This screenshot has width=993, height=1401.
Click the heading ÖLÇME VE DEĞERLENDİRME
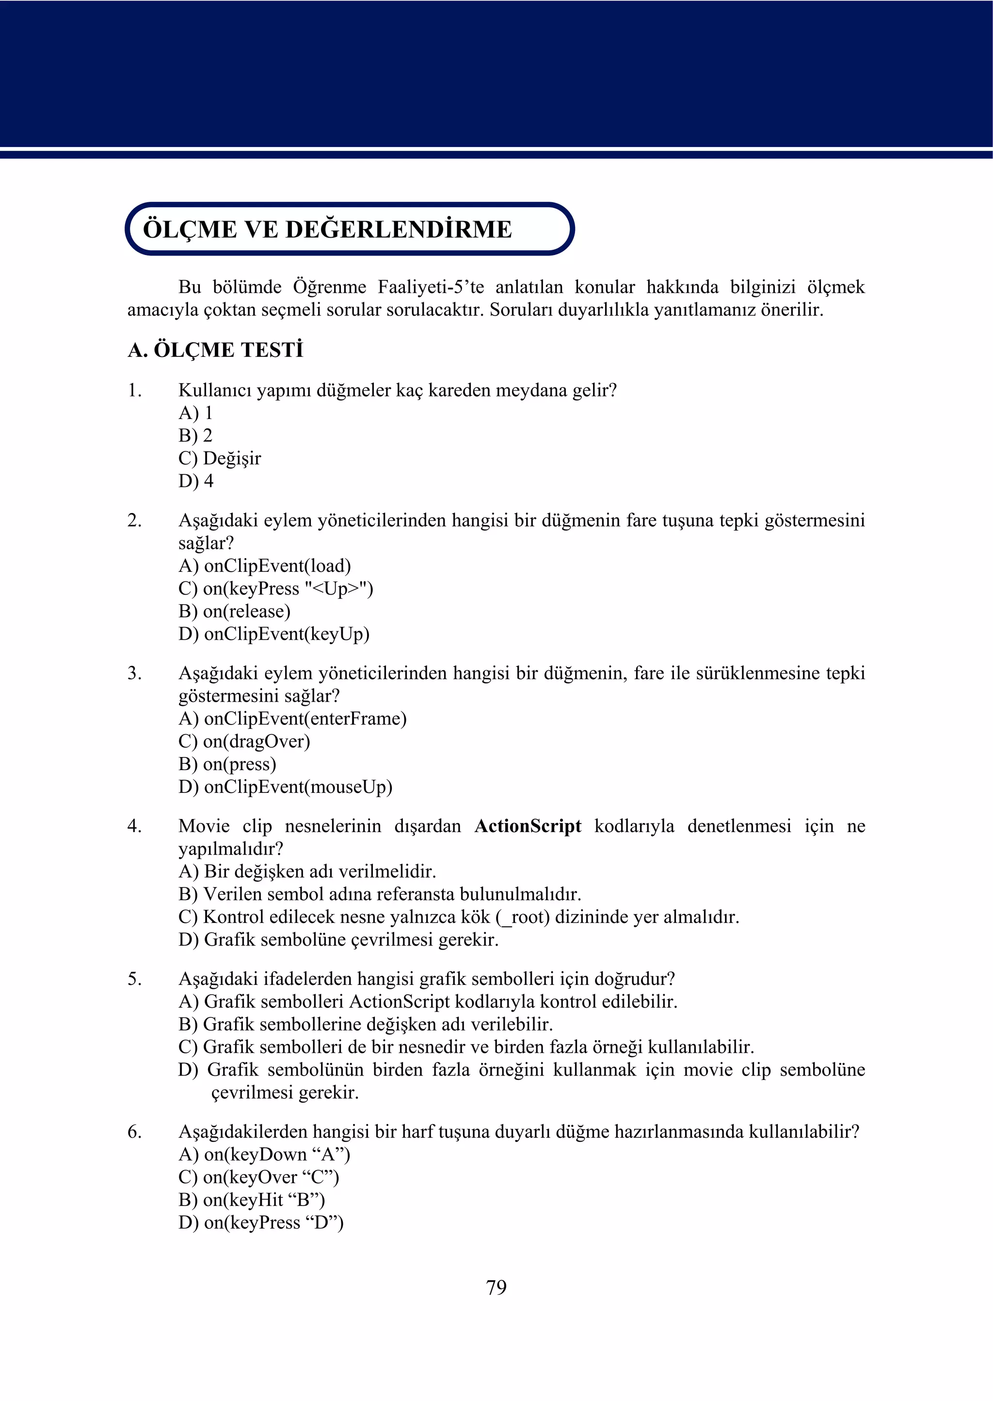click(x=327, y=229)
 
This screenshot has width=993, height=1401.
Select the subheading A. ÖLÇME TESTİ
click(x=215, y=351)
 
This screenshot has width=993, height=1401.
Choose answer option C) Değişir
click(x=220, y=458)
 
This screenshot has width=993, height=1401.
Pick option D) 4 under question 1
click(x=196, y=481)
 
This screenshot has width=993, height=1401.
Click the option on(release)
click(x=234, y=611)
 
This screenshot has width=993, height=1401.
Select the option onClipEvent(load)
click(x=265, y=565)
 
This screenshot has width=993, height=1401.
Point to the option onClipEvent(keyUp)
click(x=274, y=633)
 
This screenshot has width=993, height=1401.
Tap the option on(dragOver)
click(x=244, y=741)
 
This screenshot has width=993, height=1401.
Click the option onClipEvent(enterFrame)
click(x=292, y=719)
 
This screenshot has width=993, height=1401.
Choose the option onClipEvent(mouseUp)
click(x=286, y=787)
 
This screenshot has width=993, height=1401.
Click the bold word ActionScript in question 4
click(x=528, y=826)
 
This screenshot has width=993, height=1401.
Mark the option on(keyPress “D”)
click(x=261, y=1223)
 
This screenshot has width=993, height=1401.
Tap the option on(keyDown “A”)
click(x=264, y=1155)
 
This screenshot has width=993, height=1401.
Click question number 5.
click(x=134, y=979)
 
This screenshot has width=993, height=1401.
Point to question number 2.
click(x=134, y=520)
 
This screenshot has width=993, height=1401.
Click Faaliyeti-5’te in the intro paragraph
click(x=431, y=287)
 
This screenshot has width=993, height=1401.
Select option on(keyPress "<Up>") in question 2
click(x=276, y=588)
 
